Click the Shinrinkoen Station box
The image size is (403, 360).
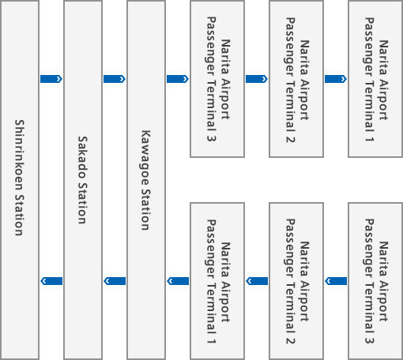pos(20,180)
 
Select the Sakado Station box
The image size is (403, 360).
pos(83,180)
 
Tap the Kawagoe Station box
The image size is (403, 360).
pos(146,180)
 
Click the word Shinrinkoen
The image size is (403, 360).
pos(19,156)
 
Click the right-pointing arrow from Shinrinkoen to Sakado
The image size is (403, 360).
pos(51,79)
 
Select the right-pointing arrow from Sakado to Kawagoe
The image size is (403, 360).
pos(115,79)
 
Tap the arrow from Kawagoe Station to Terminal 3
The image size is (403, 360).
pos(178,79)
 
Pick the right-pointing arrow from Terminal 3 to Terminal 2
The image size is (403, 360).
pos(257,79)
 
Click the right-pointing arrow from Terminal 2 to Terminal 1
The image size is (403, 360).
pos(336,79)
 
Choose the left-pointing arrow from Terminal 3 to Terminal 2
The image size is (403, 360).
pos(336,281)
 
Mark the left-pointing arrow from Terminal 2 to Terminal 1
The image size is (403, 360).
pos(257,281)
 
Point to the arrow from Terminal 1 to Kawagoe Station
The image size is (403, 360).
pos(178,281)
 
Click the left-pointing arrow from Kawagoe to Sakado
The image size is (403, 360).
pos(115,281)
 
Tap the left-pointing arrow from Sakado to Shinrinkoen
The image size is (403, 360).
pos(51,281)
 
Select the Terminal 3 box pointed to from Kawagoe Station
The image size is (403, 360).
pos(217,79)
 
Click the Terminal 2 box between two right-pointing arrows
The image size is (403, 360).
pos(296,79)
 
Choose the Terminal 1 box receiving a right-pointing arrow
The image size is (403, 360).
pos(375,79)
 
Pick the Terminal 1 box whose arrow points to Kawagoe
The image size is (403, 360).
pos(217,281)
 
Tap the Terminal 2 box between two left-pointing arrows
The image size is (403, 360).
pos(296,281)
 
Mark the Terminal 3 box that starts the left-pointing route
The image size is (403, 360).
pos(375,281)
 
